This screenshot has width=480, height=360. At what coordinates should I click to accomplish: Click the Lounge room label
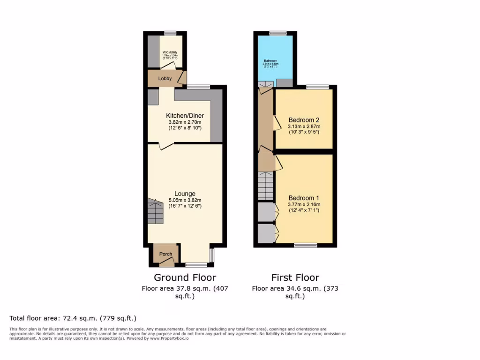(x=185, y=194)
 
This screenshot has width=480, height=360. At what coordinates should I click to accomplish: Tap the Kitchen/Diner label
(x=185, y=116)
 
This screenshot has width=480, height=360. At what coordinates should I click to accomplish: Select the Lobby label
(x=165, y=79)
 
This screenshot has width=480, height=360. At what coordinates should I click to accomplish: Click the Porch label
(x=165, y=254)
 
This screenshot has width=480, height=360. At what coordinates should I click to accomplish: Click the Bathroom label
(x=270, y=61)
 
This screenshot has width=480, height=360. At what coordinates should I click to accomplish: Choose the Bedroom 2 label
(x=304, y=119)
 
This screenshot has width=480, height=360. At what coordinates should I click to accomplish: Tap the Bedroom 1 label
(x=304, y=197)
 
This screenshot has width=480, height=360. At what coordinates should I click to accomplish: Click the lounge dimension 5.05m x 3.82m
(x=185, y=200)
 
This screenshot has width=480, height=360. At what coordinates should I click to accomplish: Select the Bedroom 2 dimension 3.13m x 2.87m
(x=304, y=126)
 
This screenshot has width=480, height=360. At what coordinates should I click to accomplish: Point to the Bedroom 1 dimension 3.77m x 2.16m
(x=304, y=204)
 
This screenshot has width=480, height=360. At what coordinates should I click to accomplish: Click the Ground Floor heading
(x=185, y=277)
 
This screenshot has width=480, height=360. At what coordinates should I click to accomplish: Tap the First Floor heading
(x=295, y=277)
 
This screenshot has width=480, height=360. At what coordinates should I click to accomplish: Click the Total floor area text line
(x=73, y=318)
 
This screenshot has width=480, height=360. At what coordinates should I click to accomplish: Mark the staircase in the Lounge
(x=155, y=211)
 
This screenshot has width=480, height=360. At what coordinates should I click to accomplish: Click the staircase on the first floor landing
(x=265, y=186)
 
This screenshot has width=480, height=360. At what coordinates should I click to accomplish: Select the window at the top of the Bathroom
(x=277, y=33)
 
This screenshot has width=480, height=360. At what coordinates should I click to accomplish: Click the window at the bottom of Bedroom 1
(x=305, y=245)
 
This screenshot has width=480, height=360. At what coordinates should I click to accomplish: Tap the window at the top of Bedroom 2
(x=317, y=87)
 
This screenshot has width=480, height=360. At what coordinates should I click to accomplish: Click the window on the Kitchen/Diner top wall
(x=198, y=87)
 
